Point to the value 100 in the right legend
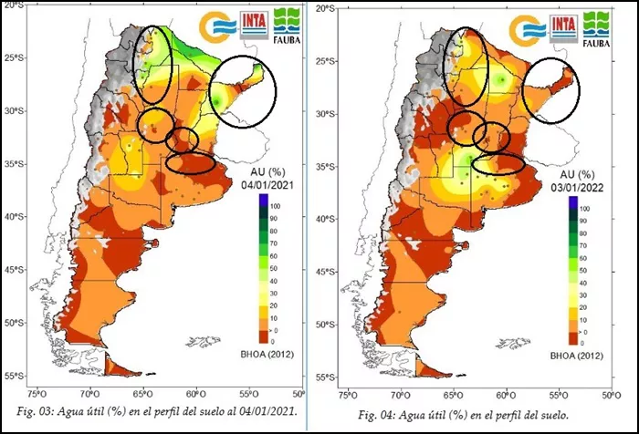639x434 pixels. [584, 209]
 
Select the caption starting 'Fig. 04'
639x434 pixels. [466, 415]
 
